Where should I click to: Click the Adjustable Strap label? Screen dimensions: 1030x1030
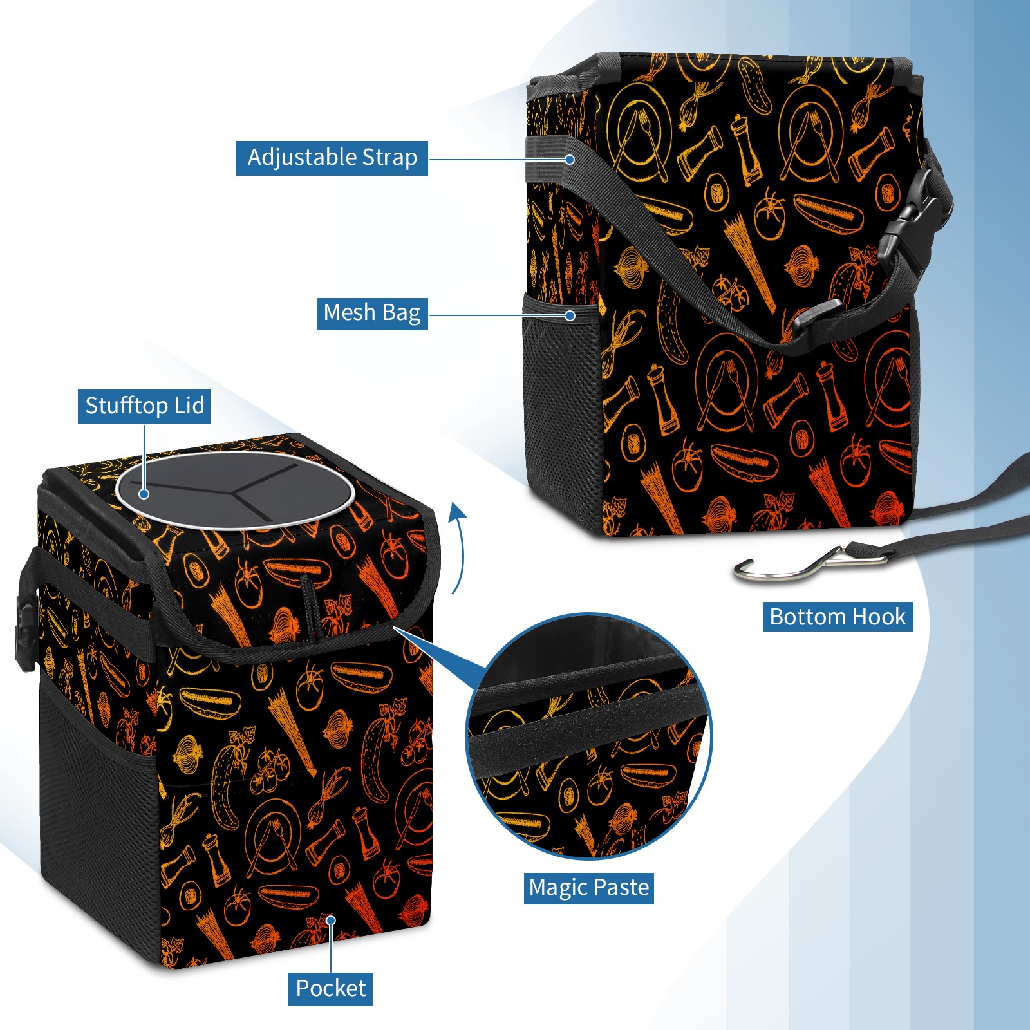point(332,158)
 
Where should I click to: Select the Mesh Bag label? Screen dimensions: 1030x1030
point(372,313)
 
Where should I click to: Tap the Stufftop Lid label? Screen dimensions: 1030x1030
point(144,406)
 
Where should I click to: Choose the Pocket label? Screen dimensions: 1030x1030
point(330,988)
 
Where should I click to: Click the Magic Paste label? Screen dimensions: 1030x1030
point(589,888)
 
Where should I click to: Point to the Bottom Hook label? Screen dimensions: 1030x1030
point(838,617)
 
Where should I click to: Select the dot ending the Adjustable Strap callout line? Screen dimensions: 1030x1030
point(570,158)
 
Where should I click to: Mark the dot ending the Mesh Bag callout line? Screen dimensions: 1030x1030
point(570,315)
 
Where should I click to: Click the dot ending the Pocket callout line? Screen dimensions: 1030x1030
point(331,921)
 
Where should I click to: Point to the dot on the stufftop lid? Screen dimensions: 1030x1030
point(144,494)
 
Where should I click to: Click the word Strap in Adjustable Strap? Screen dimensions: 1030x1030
point(389,158)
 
